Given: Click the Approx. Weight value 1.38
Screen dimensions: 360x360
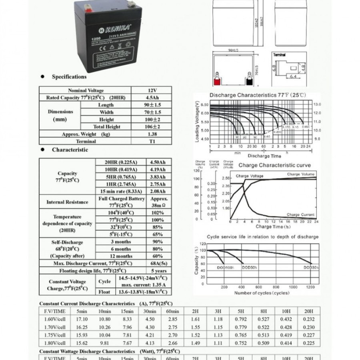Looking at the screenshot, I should pos(152,134).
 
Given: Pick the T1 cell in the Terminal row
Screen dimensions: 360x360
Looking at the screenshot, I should pos(152,141).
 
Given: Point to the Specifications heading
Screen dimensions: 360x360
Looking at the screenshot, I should pos(69,77).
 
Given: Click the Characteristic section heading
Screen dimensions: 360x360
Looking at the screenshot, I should pos(70,150).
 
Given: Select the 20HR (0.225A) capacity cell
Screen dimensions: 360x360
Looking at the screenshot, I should pos(120,162).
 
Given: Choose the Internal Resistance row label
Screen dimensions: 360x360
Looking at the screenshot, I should pos(67,202).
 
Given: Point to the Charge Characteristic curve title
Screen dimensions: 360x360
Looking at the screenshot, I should pos(274,165).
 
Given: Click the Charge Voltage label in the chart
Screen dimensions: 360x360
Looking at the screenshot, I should pos(250,176).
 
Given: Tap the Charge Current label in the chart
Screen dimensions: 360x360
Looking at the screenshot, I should pos(301,215).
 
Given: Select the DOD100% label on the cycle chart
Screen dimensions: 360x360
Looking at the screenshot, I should pos(225,267).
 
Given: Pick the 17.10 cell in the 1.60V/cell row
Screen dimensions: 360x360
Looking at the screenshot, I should pos(82,319).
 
